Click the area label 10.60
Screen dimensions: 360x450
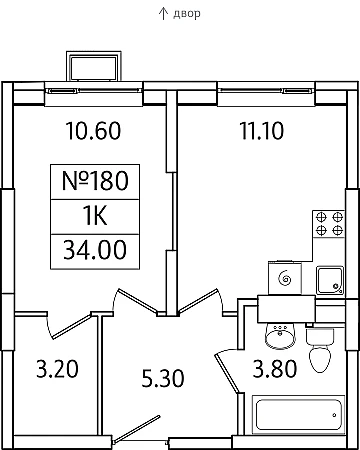pyautogui.click(x=93, y=131)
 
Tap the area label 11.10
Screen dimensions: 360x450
pyautogui.click(x=262, y=131)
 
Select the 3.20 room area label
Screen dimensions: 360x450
pyautogui.click(x=57, y=369)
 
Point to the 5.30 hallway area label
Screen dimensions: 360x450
pyautogui.click(x=163, y=379)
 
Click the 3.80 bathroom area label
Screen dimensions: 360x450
pyautogui.click(x=275, y=369)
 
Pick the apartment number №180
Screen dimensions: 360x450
pyautogui.click(x=95, y=181)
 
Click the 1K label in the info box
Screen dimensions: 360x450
pyautogui.click(x=95, y=216)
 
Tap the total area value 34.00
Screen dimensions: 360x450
pyautogui.click(x=95, y=250)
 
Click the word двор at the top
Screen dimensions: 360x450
pyautogui.click(x=187, y=14)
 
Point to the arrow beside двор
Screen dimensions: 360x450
pyautogui.click(x=163, y=13)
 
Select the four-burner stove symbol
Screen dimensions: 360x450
pyautogui.click(x=328, y=224)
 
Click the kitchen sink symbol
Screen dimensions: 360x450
pyautogui.click(x=330, y=280)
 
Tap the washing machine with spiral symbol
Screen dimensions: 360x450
pyautogui.click(x=285, y=277)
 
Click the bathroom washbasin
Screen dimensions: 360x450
pyautogui.click(x=280, y=334)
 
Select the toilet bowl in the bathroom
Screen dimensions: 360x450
pyautogui.click(x=321, y=350)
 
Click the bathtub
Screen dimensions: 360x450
pyautogui.click(x=298, y=414)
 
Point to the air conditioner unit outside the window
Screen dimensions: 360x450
pyautogui.click(x=94, y=66)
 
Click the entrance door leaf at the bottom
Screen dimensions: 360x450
pyautogui.click(x=137, y=429)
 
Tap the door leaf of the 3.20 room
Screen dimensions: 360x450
pyautogui.click(x=72, y=326)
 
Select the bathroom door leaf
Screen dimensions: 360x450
pyautogui.click(x=228, y=373)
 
